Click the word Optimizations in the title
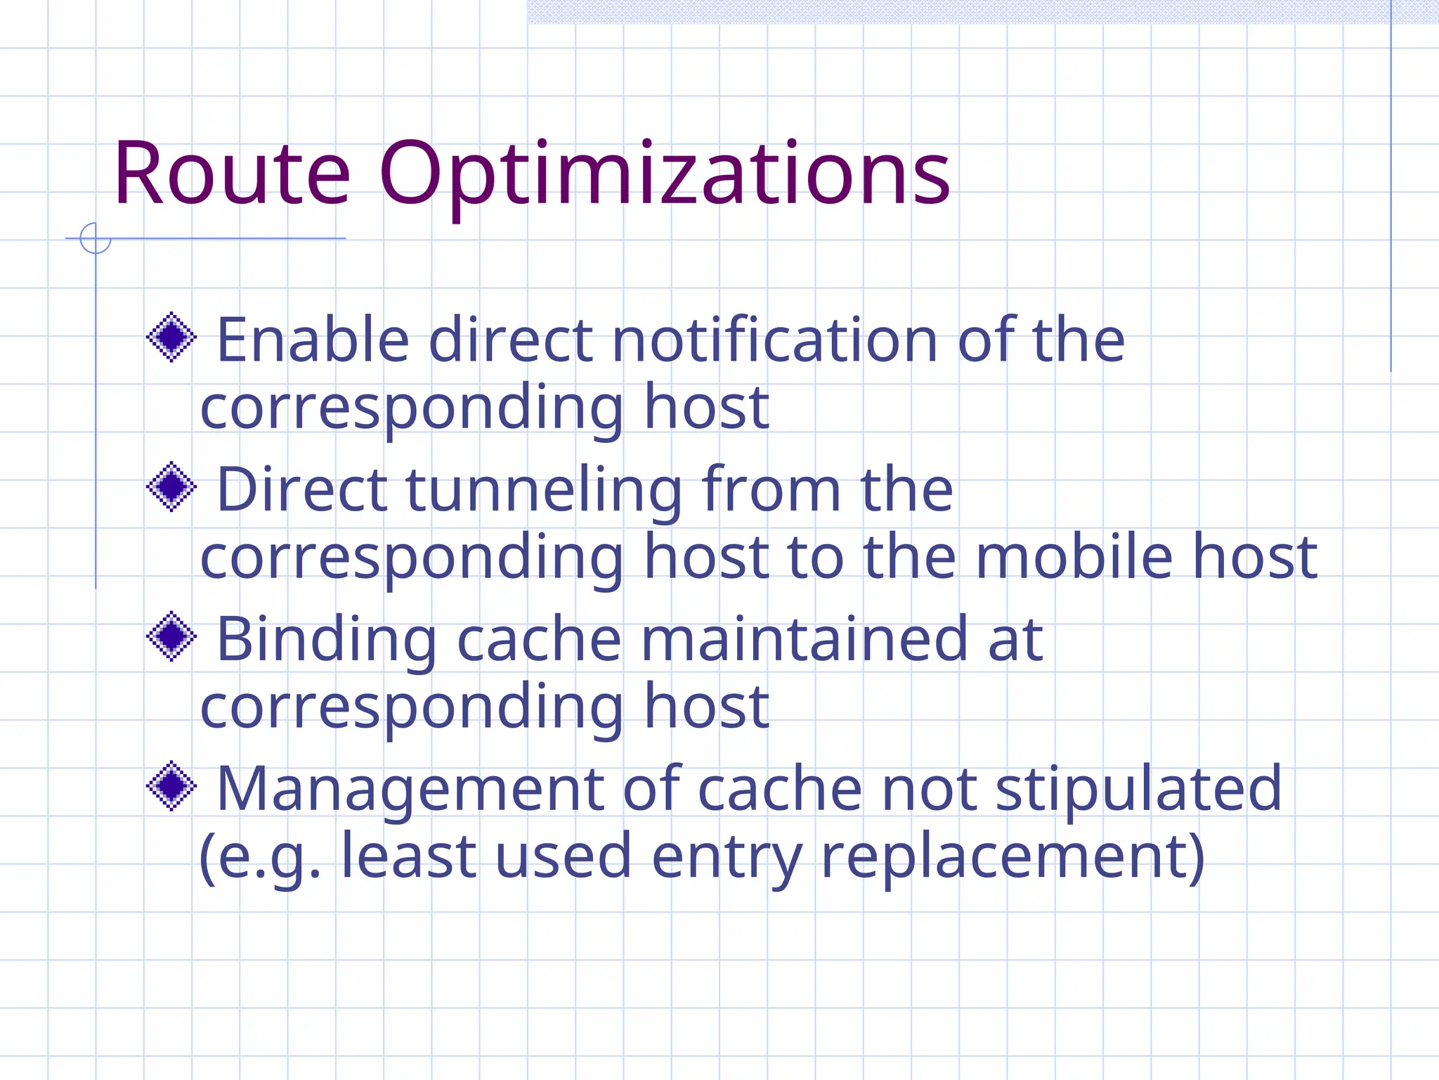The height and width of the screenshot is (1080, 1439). pyautogui.click(x=665, y=176)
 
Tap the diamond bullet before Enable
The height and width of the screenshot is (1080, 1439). pyautogui.click(x=171, y=337)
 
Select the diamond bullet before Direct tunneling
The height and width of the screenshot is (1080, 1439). pyautogui.click(x=171, y=487)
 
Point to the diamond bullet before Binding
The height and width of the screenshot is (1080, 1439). pyautogui.click(x=171, y=636)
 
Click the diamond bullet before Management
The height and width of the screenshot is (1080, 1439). pyautogui.click(x=171, y=786)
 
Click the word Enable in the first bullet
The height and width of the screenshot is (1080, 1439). pyautogui.click(x=313, y=340)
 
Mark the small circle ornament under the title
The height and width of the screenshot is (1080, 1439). pyautogui.click(x=96, y=238)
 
